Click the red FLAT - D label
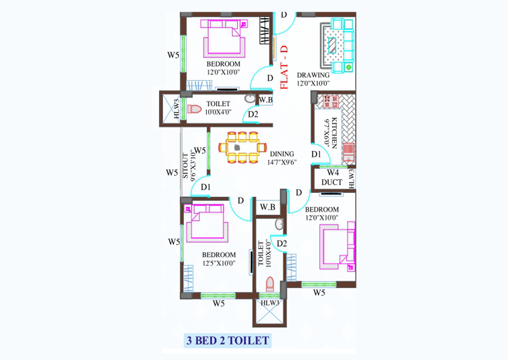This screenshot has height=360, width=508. pos(284,67)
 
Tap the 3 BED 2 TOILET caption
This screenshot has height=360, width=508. pos(228,340)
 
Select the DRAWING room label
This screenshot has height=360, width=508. pos(313,75)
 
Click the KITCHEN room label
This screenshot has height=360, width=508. pos(335,133)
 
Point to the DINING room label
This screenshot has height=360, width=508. pos(282,154)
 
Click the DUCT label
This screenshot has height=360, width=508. pos(331,182)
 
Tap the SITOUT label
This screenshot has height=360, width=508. pos(185,165)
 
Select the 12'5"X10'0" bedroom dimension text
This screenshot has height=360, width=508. pos(219,263)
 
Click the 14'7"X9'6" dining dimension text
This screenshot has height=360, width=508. pos(282,162)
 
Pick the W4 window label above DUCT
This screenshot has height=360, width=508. pos(332,173)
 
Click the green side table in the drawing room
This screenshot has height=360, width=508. pos(348,67)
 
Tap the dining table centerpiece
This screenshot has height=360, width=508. pos(237,148)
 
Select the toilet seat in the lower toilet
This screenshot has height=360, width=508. pos(270,284)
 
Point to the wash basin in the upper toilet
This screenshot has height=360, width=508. pos(250,98)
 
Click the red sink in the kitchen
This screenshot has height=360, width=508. pos(348,152)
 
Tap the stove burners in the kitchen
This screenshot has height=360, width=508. pos(331,102)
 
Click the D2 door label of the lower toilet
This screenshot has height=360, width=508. pos(282,243)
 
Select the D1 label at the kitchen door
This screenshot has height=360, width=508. pos(316,154)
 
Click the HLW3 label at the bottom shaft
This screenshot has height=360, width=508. pos(270,303)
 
